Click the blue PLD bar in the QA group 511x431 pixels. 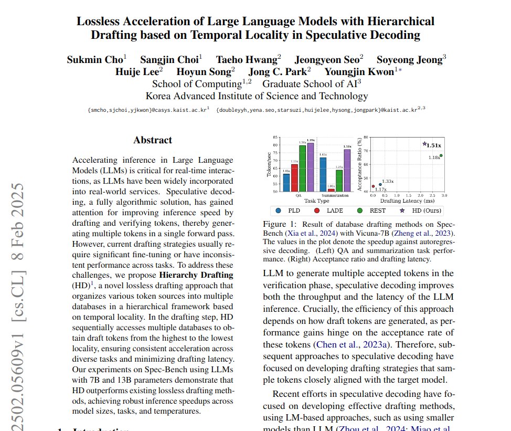click(286, 182)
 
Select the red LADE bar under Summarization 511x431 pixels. click(331, 190)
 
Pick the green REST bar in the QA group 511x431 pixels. click(302, 169)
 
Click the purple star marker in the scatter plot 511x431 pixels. click(424, 144)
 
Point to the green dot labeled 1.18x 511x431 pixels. click(441, 155)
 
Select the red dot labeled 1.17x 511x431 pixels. click(373, 186)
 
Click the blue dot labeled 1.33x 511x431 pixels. click(380, 184)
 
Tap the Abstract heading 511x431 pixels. click(152, 140)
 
